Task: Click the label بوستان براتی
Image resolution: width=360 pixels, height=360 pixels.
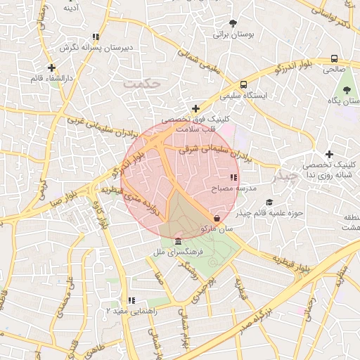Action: pos(232,34)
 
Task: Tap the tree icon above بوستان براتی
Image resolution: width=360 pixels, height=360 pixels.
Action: pos(233,22)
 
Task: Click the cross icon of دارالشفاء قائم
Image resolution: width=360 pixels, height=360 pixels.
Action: pos(51,68)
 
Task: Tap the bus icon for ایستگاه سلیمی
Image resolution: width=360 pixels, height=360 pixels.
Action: pos(243,83)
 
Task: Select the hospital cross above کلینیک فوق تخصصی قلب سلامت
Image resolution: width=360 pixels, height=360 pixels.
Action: pos(195,108)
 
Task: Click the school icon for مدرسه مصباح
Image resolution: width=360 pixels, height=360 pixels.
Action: pos(233,178)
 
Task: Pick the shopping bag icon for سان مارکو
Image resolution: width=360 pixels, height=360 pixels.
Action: pos(216,219)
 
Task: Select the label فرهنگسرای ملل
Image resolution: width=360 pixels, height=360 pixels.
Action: pos(177,251)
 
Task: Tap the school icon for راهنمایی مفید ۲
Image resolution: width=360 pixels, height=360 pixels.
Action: pos(131,300)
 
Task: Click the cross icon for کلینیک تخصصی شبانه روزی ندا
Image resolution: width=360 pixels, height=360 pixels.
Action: pos(329,154)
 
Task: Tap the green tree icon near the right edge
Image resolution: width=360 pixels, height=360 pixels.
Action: pos(346,90)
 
